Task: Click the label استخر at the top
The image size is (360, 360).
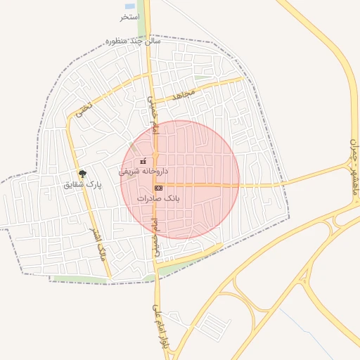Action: point(129,16)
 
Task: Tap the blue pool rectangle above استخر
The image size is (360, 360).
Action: point(131,5)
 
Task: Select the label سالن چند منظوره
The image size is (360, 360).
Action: point(133,41)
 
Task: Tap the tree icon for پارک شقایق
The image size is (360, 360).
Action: point(83,174)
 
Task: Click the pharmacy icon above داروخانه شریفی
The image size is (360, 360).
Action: point(144,161)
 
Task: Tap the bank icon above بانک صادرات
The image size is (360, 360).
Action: point(159,188)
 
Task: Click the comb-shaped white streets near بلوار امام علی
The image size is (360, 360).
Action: point(212,325)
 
